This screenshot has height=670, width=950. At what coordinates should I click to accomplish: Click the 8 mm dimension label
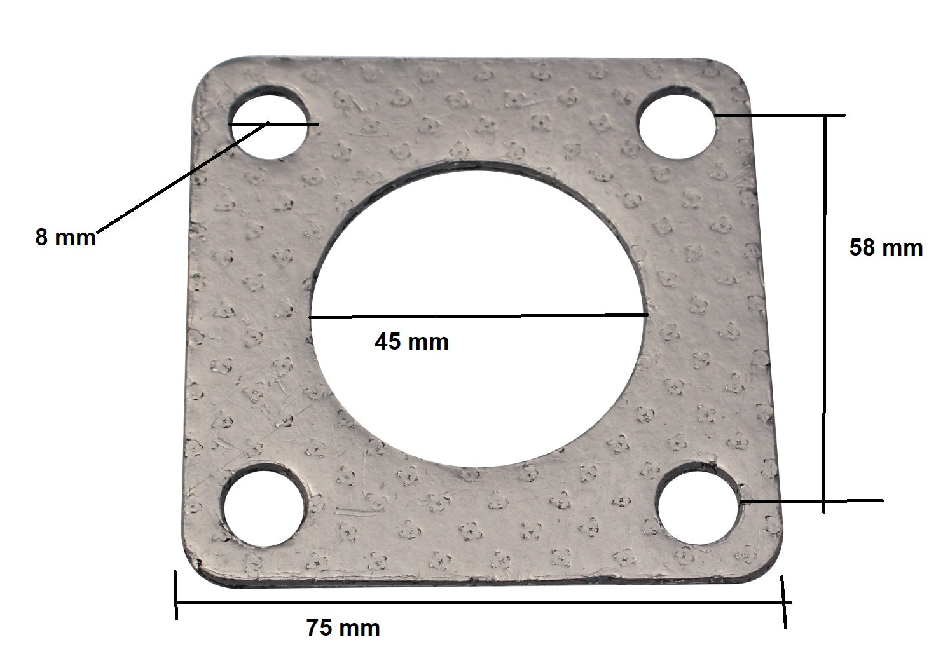(x=65, y=238)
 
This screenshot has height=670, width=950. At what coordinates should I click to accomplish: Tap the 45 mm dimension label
(x=411, y=342)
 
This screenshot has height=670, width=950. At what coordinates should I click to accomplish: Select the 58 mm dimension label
(x=886, y=247)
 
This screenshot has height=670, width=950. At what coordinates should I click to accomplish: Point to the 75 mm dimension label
(x=343, y=628)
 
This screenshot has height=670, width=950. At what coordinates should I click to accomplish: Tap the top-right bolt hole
(x=677, y=123)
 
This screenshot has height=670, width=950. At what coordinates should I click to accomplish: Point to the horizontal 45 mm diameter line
(x=477, y=315)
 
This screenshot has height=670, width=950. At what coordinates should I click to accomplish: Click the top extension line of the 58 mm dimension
(x=782, y=116)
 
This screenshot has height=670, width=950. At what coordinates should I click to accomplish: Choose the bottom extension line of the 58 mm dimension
(x=814, y=501)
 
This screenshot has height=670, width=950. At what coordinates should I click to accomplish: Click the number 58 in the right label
(x=863, y=247)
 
